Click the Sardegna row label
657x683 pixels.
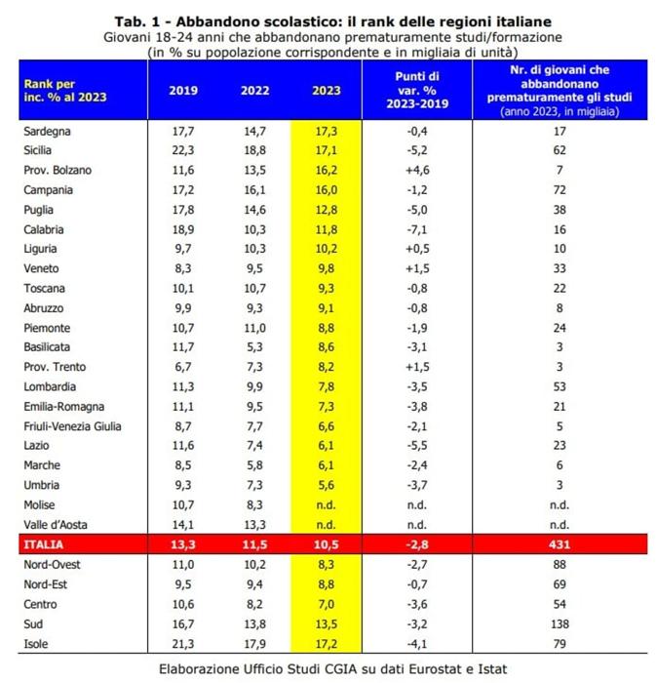[x=47, y=131]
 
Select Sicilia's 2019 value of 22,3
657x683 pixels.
[x=183, y=150]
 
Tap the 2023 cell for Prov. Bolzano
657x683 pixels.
[x=326, y=170]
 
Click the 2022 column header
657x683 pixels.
[x=255, y=90]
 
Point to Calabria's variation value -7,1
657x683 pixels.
[x=417, y=229]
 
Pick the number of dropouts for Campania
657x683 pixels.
[x=560, y=190]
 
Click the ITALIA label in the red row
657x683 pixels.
[x=44, y=544]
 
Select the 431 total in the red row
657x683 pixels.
[x=560, y=544]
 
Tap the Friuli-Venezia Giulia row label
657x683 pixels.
[x=72, y=426]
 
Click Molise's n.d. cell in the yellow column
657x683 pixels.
[x=326, y=504]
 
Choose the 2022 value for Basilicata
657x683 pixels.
[x=255, y=347]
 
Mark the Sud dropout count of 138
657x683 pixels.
[x=560, y=624]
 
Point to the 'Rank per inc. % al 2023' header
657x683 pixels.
[x=65, y=90]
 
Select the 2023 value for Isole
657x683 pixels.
[x=326, y=644]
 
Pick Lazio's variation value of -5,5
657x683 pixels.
[x=417, y=446]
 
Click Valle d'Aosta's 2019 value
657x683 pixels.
[x=183, y=525]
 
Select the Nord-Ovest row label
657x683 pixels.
[x=52, y=565]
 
